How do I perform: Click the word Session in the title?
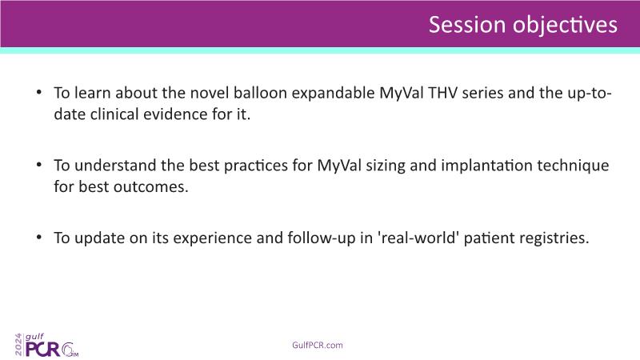pos(467,25)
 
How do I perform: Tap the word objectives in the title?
pos(566,26)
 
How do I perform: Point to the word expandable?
pos(333,94)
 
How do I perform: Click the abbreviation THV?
pos(443,93)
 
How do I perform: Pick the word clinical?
pos(114,114)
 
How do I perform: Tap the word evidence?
pos(175,114)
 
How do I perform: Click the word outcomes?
pos(151,187)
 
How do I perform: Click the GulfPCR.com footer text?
pos(318,346)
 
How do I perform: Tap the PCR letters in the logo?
pos(42,350)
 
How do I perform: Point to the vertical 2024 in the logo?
pos(18,345)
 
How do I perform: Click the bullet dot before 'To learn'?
pos(38,92)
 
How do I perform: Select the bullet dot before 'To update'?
pos(38,237)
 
